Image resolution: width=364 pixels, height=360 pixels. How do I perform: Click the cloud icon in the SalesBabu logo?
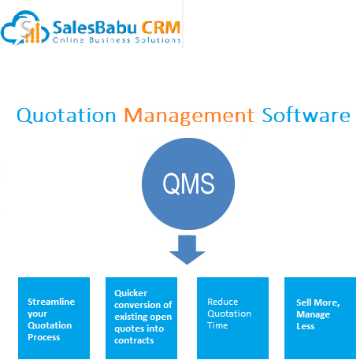(x=25, y=28)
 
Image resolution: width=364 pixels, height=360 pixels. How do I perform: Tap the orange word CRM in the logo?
(x=161, y=28)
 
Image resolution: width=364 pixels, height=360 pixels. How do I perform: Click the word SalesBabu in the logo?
(x=95, y=28)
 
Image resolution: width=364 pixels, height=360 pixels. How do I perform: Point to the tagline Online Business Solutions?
(x=117, y=40)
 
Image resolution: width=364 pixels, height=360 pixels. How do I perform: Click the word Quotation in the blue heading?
(x=66, y=115)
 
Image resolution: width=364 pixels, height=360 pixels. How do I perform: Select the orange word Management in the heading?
(x=189, y=116)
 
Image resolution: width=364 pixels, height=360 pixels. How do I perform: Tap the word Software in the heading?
(x=306, y=115)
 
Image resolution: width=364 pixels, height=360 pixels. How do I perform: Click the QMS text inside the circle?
(x=188, y=184)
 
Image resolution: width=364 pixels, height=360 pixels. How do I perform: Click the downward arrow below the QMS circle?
(x=187, y=250)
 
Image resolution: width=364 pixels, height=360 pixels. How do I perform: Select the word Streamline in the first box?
(x=51, y=302)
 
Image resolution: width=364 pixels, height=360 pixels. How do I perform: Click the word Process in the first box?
(x=44, y=337)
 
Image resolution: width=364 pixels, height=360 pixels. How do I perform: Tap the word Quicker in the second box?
(x=131, y=293)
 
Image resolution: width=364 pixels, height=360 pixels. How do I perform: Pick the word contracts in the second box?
(x=134, y=340)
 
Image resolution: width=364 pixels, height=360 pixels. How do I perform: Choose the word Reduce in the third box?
(x=223, y=302)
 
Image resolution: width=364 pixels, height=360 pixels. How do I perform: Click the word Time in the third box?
(x=217, y=325)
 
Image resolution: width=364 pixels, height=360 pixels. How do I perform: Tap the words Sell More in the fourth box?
(x=318, y=302)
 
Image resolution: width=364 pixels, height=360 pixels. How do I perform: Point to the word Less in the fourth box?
(x=306, y=326)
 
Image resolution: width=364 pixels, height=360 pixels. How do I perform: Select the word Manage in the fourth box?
(x=313, y=314)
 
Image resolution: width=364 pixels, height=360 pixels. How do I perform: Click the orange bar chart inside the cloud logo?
(x=32, y=32)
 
